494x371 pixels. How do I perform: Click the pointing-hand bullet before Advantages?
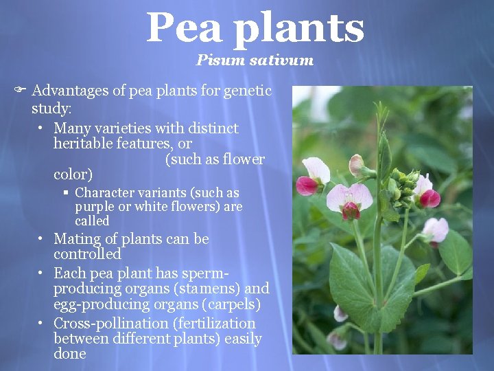tap(21, 91)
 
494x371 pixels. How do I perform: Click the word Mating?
tap(77, 239)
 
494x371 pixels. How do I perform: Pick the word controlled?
tap(87, 254)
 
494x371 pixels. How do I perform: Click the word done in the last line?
tap(70, 354)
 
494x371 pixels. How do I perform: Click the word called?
tap(92, 221)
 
